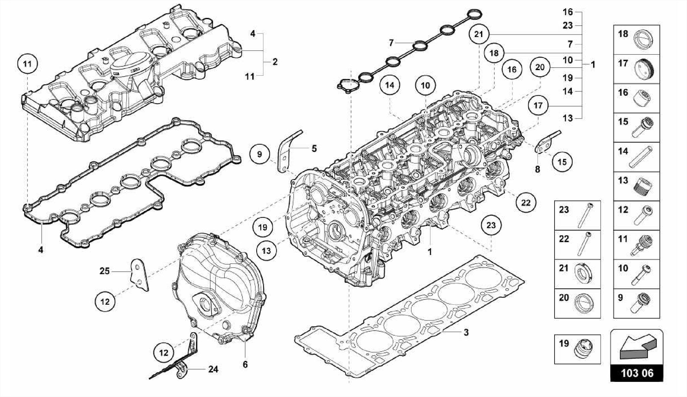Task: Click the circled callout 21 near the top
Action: tap(479, 34)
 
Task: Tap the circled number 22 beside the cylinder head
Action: tap(526, 202)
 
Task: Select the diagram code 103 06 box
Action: tap(637, 373)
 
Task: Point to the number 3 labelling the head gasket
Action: tap(466, 333)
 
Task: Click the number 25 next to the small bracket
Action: tap(105, 271)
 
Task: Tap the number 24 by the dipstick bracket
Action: tap(213, 369)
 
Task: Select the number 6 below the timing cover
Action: tap(245, 364)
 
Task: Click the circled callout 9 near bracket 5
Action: tap(259, 154)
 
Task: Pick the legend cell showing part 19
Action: tap(577, 349)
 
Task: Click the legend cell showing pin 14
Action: tap(636, 157)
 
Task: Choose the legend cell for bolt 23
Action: tap(577, 215)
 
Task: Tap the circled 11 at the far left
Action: tap(28, 64)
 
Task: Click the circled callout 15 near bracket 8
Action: tap(562, 162)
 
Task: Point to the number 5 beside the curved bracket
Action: tap(314, 148)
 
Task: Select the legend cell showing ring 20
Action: tap(577, 303)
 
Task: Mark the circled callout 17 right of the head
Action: tap(538, 105)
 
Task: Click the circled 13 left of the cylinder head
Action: tap(266, 251)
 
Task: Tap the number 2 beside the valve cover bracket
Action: tap(275, 62)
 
